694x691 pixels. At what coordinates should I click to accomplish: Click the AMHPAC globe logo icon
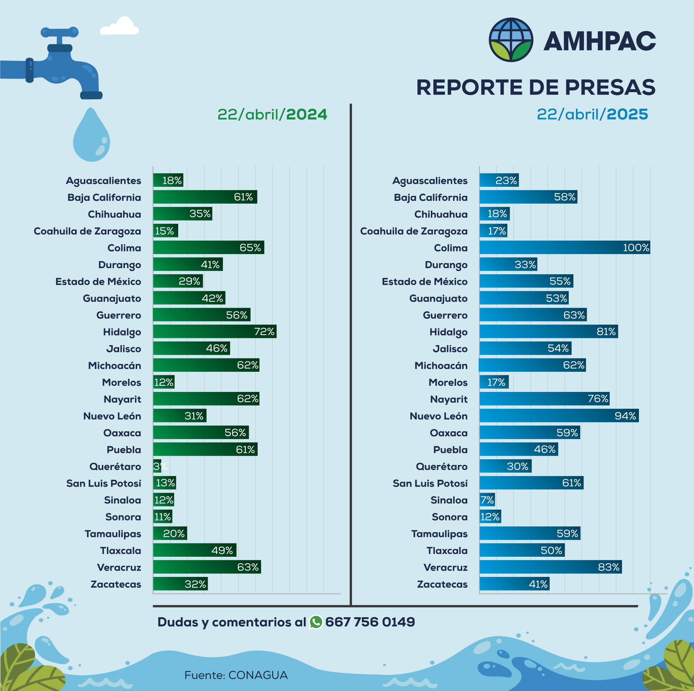click(x=511, y=40)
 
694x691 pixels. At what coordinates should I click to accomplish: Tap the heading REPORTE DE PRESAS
click(x=536, y=87)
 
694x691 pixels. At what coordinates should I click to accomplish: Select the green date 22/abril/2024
click(x=272, y=114)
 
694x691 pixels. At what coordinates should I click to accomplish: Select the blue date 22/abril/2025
click(x=592, y=114)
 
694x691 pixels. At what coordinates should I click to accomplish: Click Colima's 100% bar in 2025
click(x=564, y=248)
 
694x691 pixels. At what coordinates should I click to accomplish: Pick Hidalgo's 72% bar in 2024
click(x=215, y=331)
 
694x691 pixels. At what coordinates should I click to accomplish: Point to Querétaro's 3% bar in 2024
click(x=157, y=466)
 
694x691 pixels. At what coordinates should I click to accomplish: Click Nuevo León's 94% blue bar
click(x=559, y=416)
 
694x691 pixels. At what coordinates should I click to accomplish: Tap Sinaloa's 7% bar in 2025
click(x=487, y=500)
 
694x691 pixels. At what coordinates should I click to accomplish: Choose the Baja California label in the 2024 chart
click(x=104, y=198)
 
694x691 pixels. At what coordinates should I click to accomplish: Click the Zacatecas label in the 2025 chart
click(x=442, y=584)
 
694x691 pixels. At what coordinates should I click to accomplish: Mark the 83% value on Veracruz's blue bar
click(x=608, y=567)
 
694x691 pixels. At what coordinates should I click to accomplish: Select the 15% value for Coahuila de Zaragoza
click(x=165, y=231)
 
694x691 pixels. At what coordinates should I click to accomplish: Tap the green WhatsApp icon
click(x=316, y=622)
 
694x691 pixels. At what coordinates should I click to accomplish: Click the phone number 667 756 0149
click(x=370, y=622)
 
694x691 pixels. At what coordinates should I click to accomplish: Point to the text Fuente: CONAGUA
click(x=236, y=675)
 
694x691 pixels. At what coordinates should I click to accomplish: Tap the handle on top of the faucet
click(x=59, y=32)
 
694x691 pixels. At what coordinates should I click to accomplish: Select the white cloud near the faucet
click(x=120, y=27)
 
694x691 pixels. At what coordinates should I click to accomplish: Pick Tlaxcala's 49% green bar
click(x=194, y=550)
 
